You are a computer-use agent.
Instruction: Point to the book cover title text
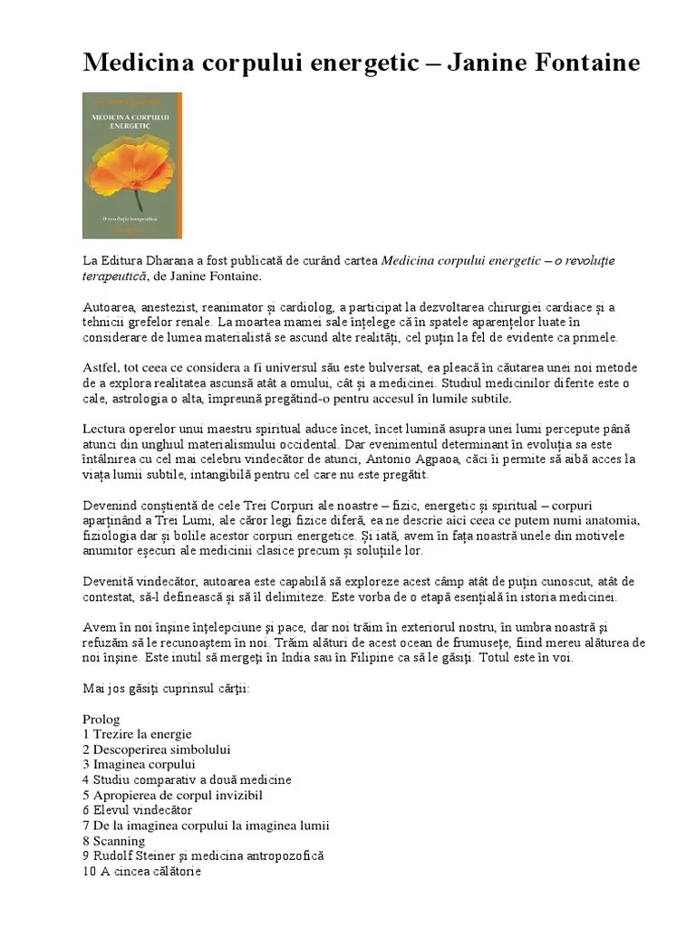(132, 121)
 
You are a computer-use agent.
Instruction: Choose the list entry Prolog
(101, 719)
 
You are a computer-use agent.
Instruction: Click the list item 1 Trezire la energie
(137, 734)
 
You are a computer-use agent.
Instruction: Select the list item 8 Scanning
(113, 840)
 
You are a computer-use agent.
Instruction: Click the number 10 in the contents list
(89, 871)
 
